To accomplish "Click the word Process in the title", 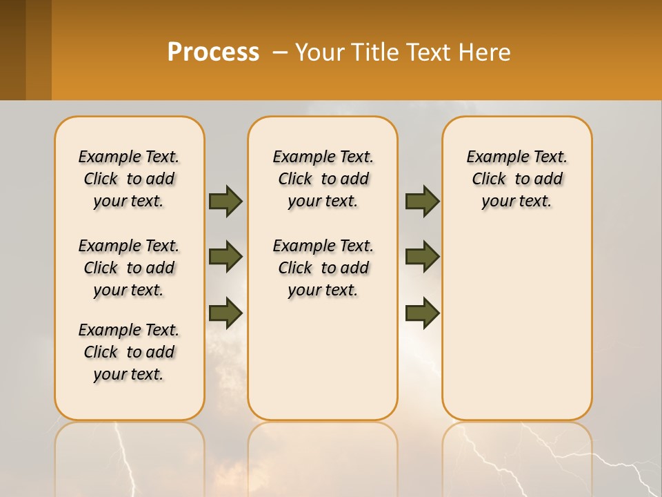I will click(213, 52).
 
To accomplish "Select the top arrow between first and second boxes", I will click(225, 201).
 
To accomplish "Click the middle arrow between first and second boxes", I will click(225, 257).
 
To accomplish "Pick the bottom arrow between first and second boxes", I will click(225, 313).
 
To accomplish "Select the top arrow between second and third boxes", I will click(422, 201).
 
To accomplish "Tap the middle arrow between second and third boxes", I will click(422, 257).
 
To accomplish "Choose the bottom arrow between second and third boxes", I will click(422, 313).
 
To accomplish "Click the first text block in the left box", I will click(129, 179).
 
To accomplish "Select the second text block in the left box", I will click(129, 268).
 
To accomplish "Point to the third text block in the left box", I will click(129, 352).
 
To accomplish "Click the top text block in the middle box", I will click(323, 179).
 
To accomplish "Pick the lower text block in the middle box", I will click(323, 268).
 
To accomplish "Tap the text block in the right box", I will click(516, 179).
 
